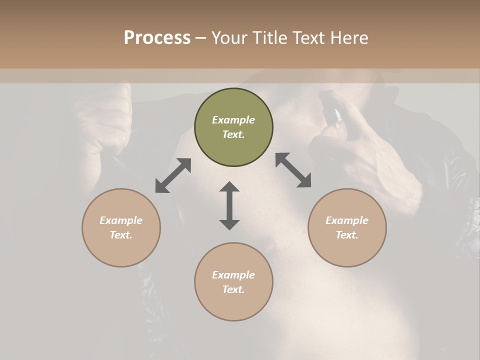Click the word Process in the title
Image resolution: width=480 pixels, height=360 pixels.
[x=157, y=38]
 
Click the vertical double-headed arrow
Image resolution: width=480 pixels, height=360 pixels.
[x=229, y=205]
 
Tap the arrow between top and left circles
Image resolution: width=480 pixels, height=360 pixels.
[x=173, y=175]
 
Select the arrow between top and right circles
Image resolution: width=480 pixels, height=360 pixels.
[x=293, y=170]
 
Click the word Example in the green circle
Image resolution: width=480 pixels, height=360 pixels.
[x=233, y=120]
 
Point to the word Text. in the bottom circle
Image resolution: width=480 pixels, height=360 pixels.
[x=233, y=289]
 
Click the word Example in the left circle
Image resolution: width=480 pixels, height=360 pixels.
[x=121, y=220]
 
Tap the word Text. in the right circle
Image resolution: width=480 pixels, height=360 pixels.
[x=347, y=235]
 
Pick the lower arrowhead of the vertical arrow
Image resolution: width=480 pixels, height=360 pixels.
[x=229, y=224]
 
